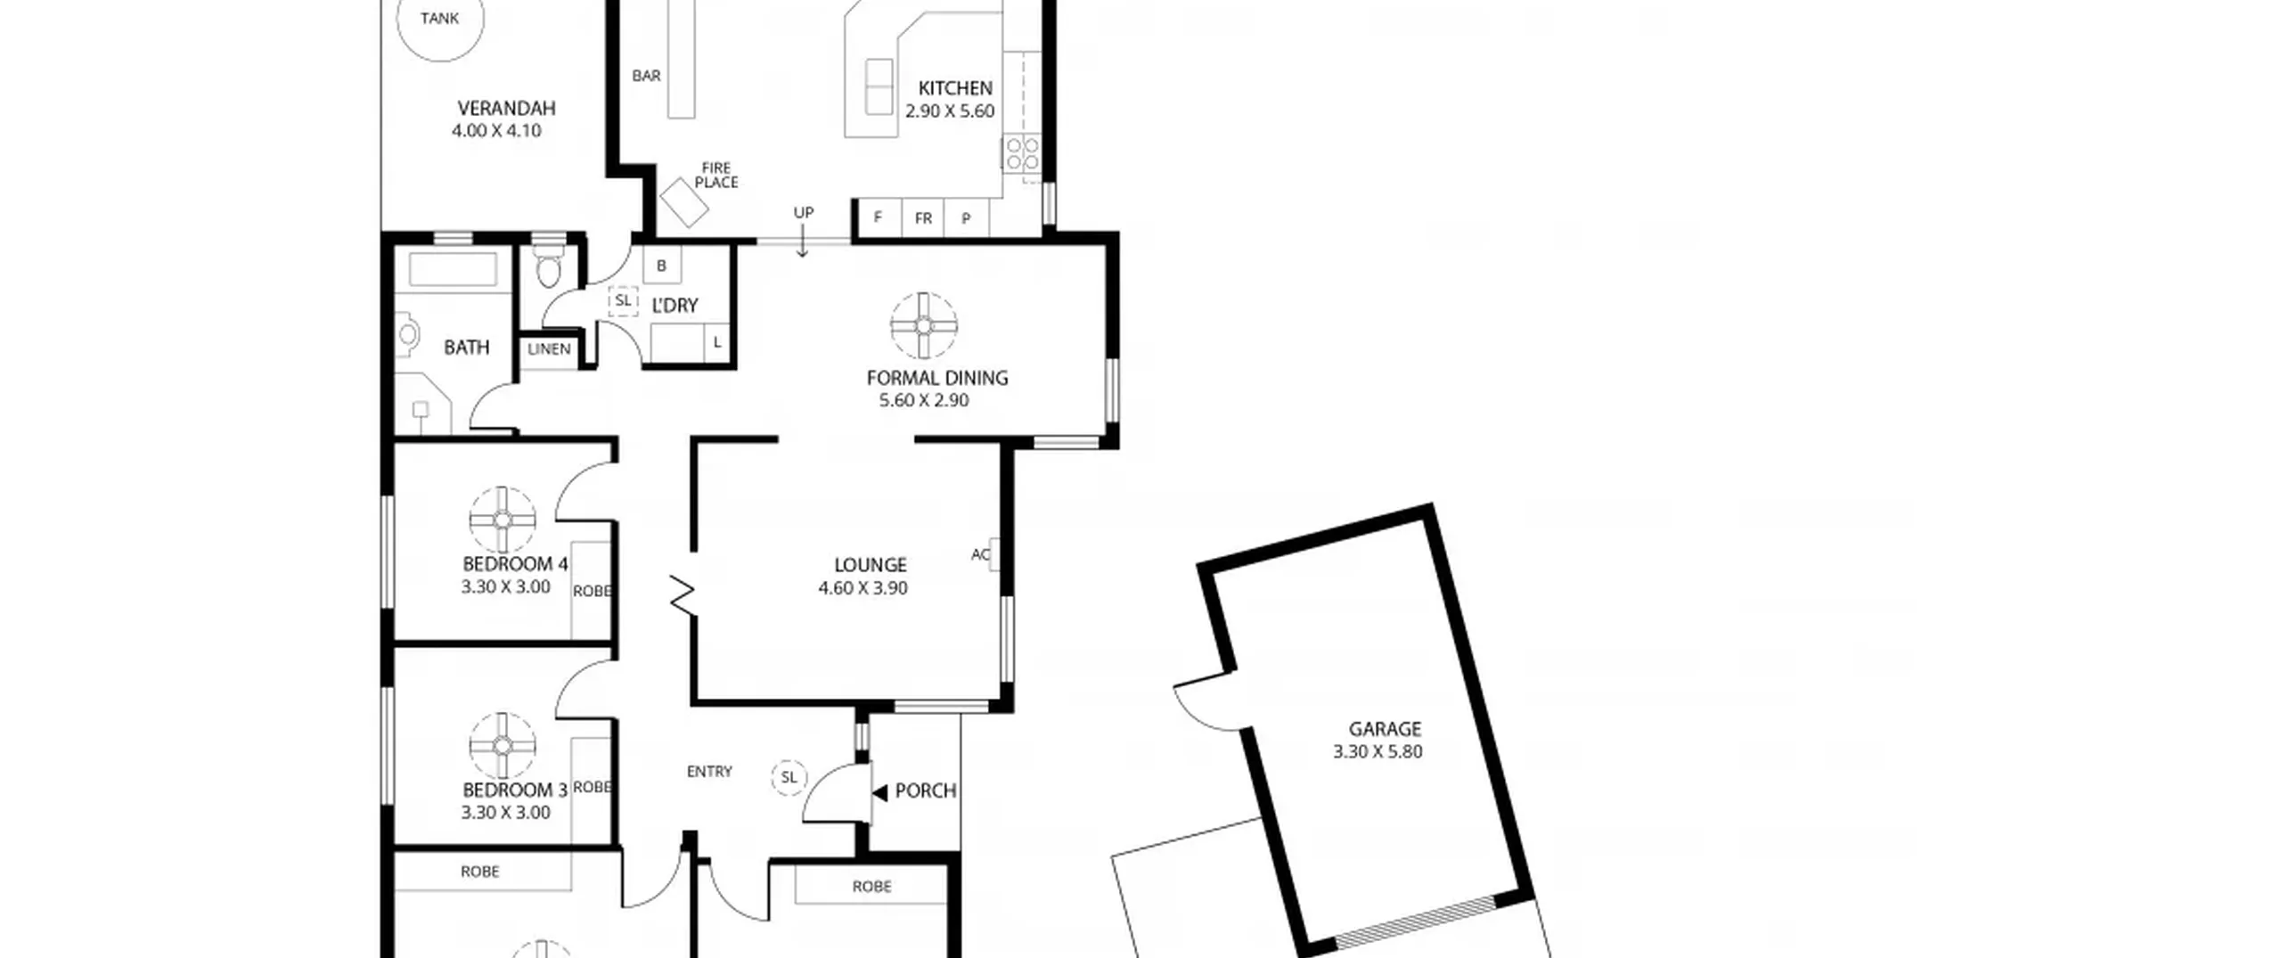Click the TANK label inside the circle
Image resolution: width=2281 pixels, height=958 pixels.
pos(439,18)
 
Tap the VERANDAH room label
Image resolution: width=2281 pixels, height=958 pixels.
pos(506,109)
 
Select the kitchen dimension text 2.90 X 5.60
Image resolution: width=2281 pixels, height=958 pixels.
pos(950,111)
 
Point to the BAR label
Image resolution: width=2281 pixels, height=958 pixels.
pos(646,76)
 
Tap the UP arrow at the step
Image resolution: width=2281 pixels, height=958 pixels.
pos(803,241)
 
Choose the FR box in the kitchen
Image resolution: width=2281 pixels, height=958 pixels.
pos(923,218)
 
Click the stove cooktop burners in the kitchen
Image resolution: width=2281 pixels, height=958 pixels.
pos(1021,153)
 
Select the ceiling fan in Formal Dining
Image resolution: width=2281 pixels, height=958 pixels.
pos(924,326)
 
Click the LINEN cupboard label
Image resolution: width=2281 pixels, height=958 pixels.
pos(549,349)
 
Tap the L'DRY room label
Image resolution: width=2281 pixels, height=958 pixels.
pos(674,306)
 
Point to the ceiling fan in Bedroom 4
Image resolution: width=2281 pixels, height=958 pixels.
pos(503,520)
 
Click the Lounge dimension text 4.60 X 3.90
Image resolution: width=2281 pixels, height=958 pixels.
pos(863,588)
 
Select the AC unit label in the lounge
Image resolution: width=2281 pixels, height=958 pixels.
pos(980,554)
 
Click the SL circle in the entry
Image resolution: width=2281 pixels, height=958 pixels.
pos(789,778)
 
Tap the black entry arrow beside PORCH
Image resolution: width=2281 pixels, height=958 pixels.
pos(879,792)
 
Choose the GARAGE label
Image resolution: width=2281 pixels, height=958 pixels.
pos(1385,729)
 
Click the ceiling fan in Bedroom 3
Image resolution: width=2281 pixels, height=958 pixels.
pos(503,746)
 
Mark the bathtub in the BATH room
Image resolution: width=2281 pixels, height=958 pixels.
pos(454,269)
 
